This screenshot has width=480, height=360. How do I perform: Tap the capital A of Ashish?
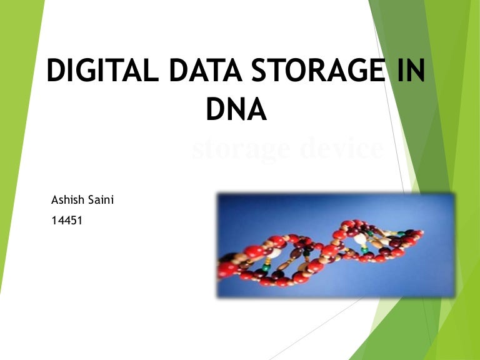(x=54, y=201)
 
